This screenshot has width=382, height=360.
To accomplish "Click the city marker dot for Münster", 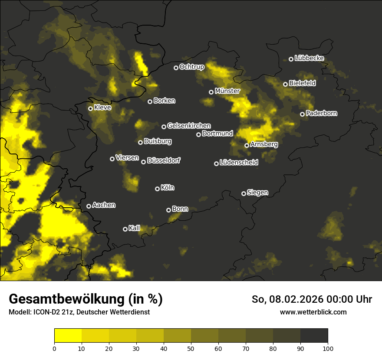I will pos(211,92).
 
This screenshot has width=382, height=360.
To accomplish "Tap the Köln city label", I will pos(168,188).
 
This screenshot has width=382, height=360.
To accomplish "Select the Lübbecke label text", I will pos(309,58).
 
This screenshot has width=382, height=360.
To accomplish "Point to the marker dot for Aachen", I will pos(89,206).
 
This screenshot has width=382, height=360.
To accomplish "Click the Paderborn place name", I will pos(321,113).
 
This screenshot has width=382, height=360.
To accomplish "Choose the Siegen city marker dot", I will pos(244,193).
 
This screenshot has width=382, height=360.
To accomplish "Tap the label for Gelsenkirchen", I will pos(189,126).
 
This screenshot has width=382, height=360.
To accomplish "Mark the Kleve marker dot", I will pos(90,108).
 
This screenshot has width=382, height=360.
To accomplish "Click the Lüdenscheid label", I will pos(239,163).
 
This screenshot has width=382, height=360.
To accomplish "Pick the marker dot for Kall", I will pos(125,229).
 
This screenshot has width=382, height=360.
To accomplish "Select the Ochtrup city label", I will pos(191,67).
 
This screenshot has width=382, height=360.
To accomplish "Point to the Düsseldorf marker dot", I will pos(143,162).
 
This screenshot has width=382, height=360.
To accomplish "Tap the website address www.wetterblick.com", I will pos(313,312).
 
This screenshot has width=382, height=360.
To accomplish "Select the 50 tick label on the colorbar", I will pos(191,348).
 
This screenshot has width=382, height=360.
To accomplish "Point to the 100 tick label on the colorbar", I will pos(328,348).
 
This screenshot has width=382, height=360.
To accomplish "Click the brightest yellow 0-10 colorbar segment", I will pos(68,335).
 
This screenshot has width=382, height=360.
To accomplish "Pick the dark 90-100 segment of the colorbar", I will pos(314,335).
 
